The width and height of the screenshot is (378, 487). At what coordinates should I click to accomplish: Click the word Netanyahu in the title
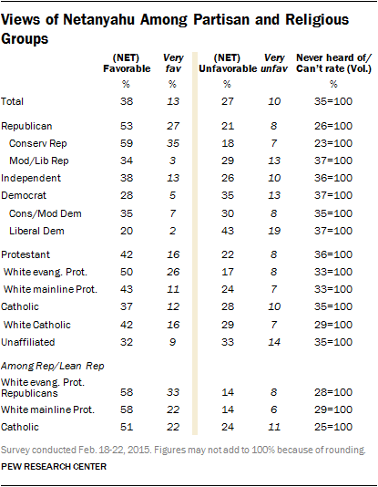coord(98,20)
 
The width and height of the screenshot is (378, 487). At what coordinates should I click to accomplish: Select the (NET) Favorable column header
coord(127,63)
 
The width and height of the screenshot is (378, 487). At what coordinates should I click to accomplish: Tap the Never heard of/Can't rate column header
coord(333,63)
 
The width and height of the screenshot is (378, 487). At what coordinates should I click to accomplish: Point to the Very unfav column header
coord(274,63)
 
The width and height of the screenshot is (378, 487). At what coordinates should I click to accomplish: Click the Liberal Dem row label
coord(36,231)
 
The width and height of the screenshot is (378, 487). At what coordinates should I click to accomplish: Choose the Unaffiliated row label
coord(28,342)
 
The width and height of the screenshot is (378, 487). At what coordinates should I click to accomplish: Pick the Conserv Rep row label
coord(38,143)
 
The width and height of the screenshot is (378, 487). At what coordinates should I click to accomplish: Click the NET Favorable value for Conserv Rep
coord(127,143)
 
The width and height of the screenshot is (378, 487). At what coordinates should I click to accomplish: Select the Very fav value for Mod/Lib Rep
coord(172,161)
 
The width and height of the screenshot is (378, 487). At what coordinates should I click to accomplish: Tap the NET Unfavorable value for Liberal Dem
coord(228,231)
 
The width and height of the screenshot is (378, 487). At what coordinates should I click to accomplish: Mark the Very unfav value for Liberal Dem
coord(274,231)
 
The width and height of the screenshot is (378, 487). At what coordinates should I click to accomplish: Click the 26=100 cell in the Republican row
coord(333,126)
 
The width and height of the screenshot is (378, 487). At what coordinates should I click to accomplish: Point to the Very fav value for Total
coord(173,101)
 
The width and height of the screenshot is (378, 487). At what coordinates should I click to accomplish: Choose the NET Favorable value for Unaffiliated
coord(127,342)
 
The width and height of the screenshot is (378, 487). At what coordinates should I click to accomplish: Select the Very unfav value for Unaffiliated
coord(274,342)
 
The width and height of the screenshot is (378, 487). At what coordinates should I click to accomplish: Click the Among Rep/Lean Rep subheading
coord(53,367)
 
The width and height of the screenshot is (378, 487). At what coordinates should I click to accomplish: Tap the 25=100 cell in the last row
coord(333,427)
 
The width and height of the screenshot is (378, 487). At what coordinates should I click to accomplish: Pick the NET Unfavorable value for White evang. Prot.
coord(228,272)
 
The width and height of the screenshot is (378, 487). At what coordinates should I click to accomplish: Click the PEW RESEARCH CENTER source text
coord(54,467)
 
